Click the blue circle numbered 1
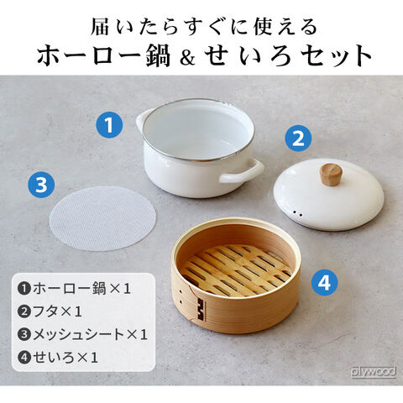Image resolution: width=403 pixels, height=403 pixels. pyautogui.click(x=109, y=124)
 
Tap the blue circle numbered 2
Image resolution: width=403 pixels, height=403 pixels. pyautogui.click(x=298, y=139)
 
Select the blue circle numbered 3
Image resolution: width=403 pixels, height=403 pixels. pyautogui.click(x=41, y=184)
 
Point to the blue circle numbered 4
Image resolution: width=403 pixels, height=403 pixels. pyautogui.click(x=325, y=283)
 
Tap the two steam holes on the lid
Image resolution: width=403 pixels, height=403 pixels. pyautogui.click(x=297, y=214)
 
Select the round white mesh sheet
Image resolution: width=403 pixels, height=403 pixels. pyautogui.click(x=102, y=218)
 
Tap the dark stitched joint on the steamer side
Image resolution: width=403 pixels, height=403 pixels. pyautogui.click(x=201, y=309)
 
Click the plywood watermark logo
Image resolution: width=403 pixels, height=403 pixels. pyautogui.click(x=374, y=372)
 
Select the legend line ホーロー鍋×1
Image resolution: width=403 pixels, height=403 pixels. pyautogui.click(x=74, y=289)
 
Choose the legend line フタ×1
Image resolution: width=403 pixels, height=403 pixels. pyautogui.click(x=50, y=311)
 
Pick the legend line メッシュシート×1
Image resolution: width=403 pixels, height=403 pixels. pyautogui.click(x=82, y=334)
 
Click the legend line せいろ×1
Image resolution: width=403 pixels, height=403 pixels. pyautogui.click(x=58, y=358)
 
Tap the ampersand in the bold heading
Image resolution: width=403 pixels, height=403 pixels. pyautogui.click(x=187, y=57)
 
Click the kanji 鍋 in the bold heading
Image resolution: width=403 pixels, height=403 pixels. pyautogui.click(x=158, y=55)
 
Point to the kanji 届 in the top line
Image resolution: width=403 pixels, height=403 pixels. pyautogui.click(x=100, y=27)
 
